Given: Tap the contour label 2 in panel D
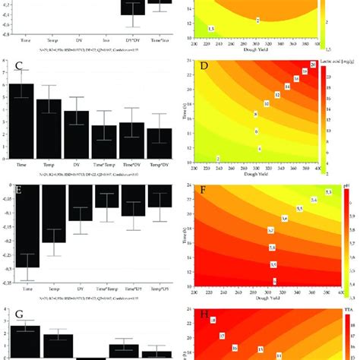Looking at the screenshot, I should [x=219, y=157].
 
